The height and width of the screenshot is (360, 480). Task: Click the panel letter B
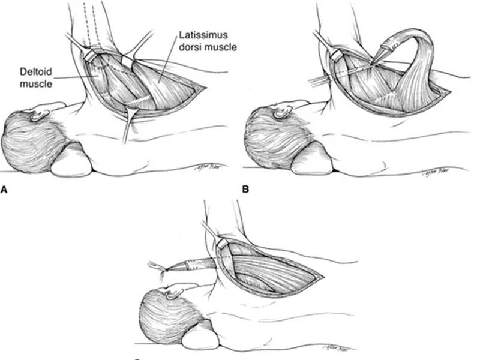pos(245,190)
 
